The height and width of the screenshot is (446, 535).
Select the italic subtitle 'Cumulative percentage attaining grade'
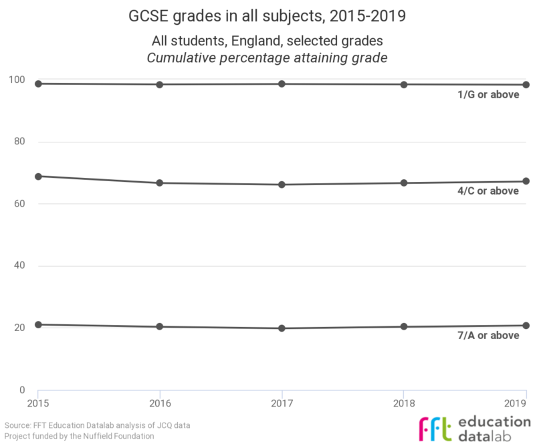click(267, 58)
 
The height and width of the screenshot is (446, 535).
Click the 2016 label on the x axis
click(160, 403)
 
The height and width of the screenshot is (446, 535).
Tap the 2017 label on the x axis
click(282, 403)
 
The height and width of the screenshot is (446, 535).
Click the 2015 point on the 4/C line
click(38, 177)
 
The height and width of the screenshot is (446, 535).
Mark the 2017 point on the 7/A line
click(282, 328)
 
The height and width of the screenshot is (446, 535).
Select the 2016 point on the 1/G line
click(160, 84)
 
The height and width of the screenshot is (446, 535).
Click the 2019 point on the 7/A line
click(526, 326)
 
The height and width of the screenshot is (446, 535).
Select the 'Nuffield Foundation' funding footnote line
click(80, 436)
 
